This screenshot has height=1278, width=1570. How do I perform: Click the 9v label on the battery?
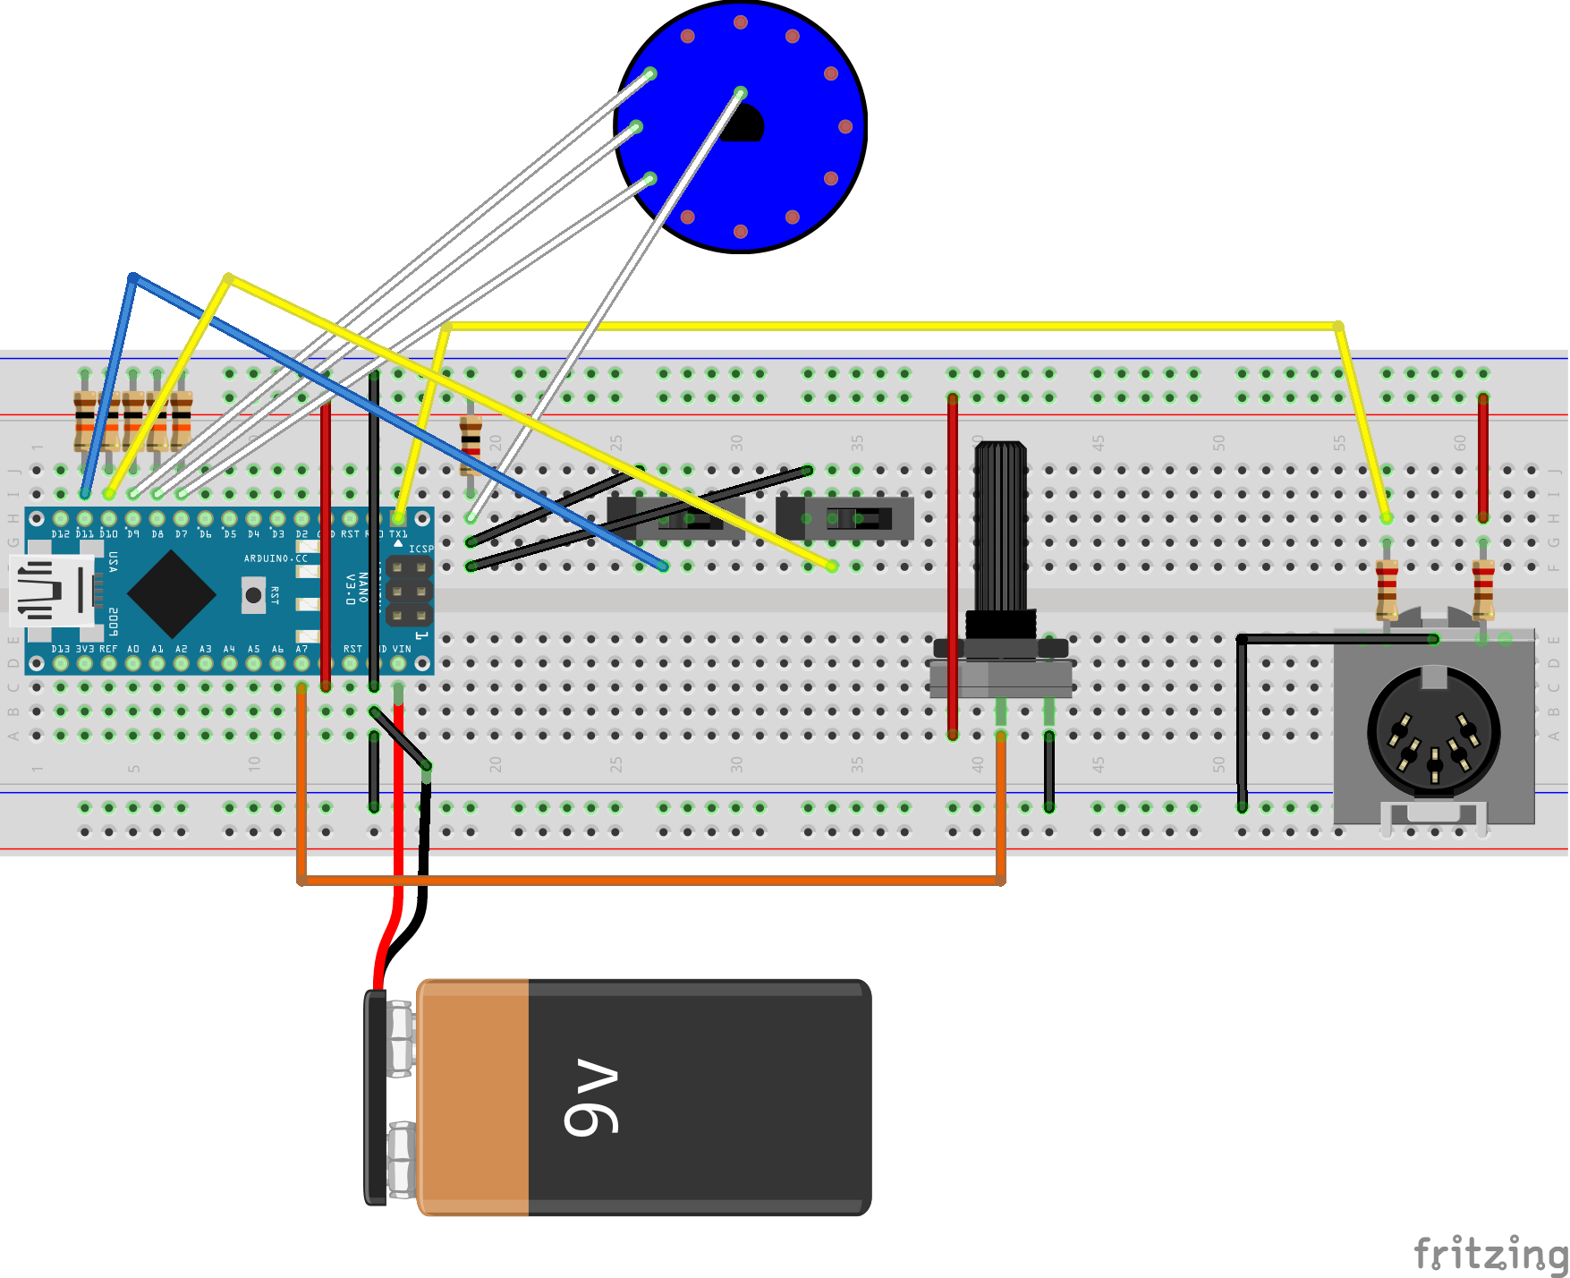591,1098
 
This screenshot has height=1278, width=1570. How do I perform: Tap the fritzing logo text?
1489,1252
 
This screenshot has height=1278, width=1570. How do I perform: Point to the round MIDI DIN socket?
1433,733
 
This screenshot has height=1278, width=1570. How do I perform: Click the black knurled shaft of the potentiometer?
1000,528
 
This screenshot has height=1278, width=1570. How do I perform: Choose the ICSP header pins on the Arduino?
409,592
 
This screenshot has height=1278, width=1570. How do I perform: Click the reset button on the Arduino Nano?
253,594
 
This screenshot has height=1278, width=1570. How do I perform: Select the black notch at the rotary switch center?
744,124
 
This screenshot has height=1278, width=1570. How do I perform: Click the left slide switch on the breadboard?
677,518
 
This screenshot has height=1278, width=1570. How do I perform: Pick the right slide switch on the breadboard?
845,518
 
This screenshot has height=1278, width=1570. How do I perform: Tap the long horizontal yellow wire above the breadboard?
895,326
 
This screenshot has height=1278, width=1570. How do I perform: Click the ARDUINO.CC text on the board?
275,558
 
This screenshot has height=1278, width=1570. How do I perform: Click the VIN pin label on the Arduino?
402,649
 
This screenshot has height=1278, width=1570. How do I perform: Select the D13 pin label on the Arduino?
60,649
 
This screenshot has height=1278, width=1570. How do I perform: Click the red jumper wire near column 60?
1482,456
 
